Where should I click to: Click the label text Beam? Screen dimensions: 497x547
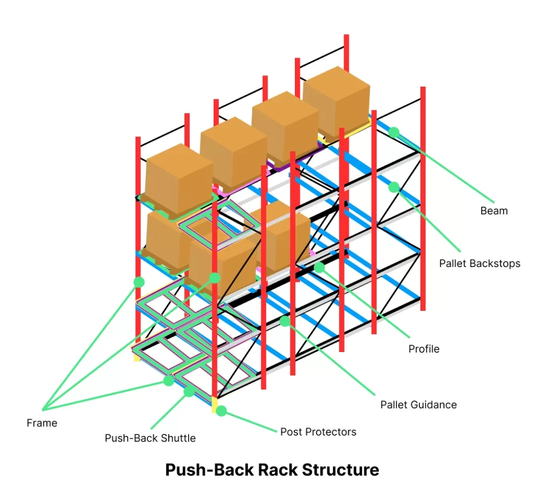tap(494, 211)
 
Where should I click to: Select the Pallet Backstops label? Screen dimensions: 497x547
tap(479, 263)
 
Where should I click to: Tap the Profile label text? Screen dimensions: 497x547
tap(424, 349)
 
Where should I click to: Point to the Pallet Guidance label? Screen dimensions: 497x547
tap(418, 404)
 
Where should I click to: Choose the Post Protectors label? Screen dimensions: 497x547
tap(318, 432)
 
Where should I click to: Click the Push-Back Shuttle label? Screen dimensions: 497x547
tap(150, 438)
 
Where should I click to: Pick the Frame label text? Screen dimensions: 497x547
tap(42, 423)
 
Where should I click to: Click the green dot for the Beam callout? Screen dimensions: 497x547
tap(394, 132)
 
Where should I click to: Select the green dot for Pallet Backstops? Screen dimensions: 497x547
tap(394, 187)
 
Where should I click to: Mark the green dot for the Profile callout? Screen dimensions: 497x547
tap(319, 267)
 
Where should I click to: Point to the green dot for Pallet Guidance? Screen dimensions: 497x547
tap(285, 321)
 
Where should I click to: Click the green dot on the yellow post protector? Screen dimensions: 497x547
tap(221, 411)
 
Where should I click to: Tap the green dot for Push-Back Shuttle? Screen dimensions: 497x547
tap(189, 392)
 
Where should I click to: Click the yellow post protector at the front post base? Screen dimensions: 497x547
tap(215, 404)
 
